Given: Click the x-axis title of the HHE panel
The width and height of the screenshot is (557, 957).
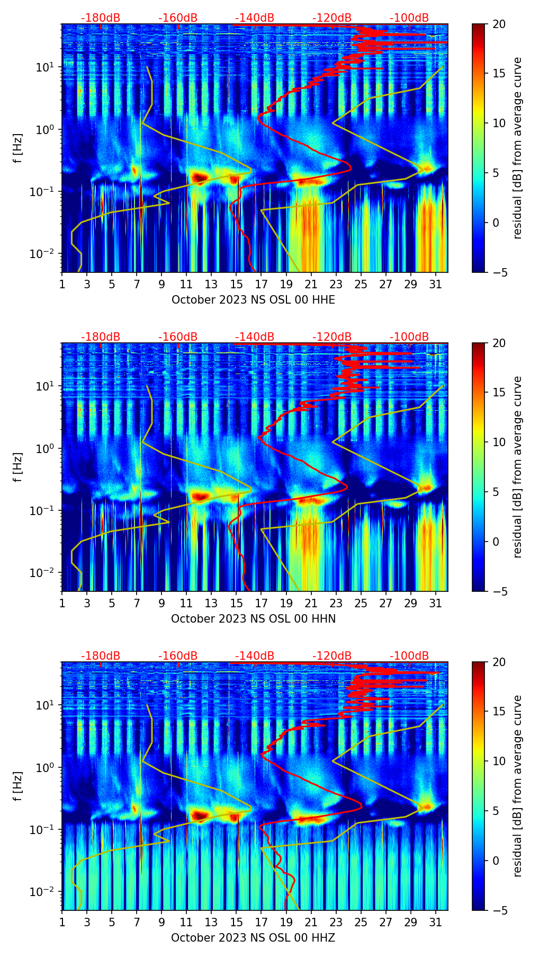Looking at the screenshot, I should click(x=253, y=300).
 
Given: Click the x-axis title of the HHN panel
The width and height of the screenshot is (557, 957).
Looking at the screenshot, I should click(x=253, y=619).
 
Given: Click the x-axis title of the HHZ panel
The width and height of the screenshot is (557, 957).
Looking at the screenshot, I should click(x=253, y=938).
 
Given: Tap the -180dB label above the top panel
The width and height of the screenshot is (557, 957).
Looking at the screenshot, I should click(x=101, y=18).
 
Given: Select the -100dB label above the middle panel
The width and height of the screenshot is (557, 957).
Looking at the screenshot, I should click(x=409, y=337).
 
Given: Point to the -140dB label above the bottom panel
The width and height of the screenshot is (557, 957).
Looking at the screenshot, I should click(x=255, y=656).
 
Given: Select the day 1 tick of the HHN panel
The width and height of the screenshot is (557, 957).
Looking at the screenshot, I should click(x=62, y=604).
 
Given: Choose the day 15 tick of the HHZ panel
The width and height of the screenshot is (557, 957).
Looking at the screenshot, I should click(x=236, y=923).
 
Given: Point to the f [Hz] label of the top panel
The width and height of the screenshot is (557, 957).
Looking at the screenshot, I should click(x=18, y=148).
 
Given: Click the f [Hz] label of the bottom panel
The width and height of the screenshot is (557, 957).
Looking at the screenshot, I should click(x=18, y=786).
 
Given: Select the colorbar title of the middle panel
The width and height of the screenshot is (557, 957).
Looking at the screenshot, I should click(x=518, y=467).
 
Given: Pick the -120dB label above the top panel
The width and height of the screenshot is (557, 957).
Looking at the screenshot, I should click(x=332, y=18).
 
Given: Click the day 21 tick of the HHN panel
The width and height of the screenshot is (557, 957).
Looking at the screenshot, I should click(x=311, y=604).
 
